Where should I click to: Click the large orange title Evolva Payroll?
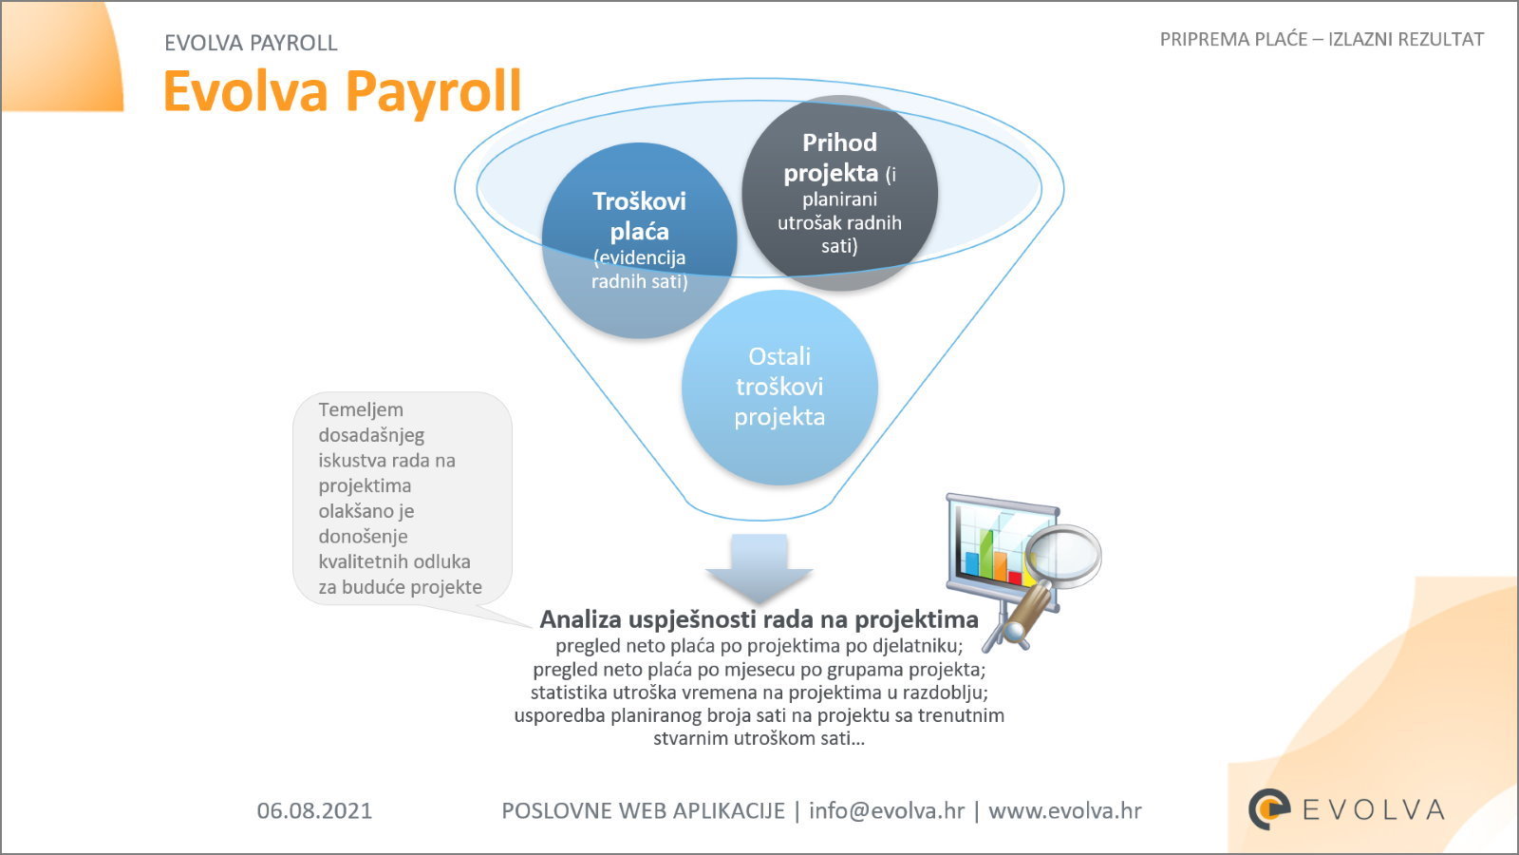pos(343,91)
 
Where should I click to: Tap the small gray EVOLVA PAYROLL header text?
pos(251,43)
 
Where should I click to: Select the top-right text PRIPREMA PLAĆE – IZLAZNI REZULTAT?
pos(1322,39)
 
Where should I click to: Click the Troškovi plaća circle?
pos(640,240)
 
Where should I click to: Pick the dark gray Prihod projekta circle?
pos(839,193)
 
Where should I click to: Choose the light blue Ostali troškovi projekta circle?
pos(779,387)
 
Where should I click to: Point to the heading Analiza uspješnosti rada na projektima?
pos(759,618)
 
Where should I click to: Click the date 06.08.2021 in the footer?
pos(314,811)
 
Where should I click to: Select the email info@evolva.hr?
pos(887,811)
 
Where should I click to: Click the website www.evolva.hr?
pos(1064,811)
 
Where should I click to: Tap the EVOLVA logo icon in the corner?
pos(1269,808)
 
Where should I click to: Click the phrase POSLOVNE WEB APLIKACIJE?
pos(643,811)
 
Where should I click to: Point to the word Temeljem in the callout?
pos(361,409)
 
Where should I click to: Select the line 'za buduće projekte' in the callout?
pos(400,587)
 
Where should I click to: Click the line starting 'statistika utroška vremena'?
pos(759,693)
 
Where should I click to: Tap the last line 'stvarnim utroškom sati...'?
pos(759,738)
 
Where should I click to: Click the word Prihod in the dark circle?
pos(839,142)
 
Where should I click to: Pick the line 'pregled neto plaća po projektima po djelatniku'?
pos(759,645)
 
